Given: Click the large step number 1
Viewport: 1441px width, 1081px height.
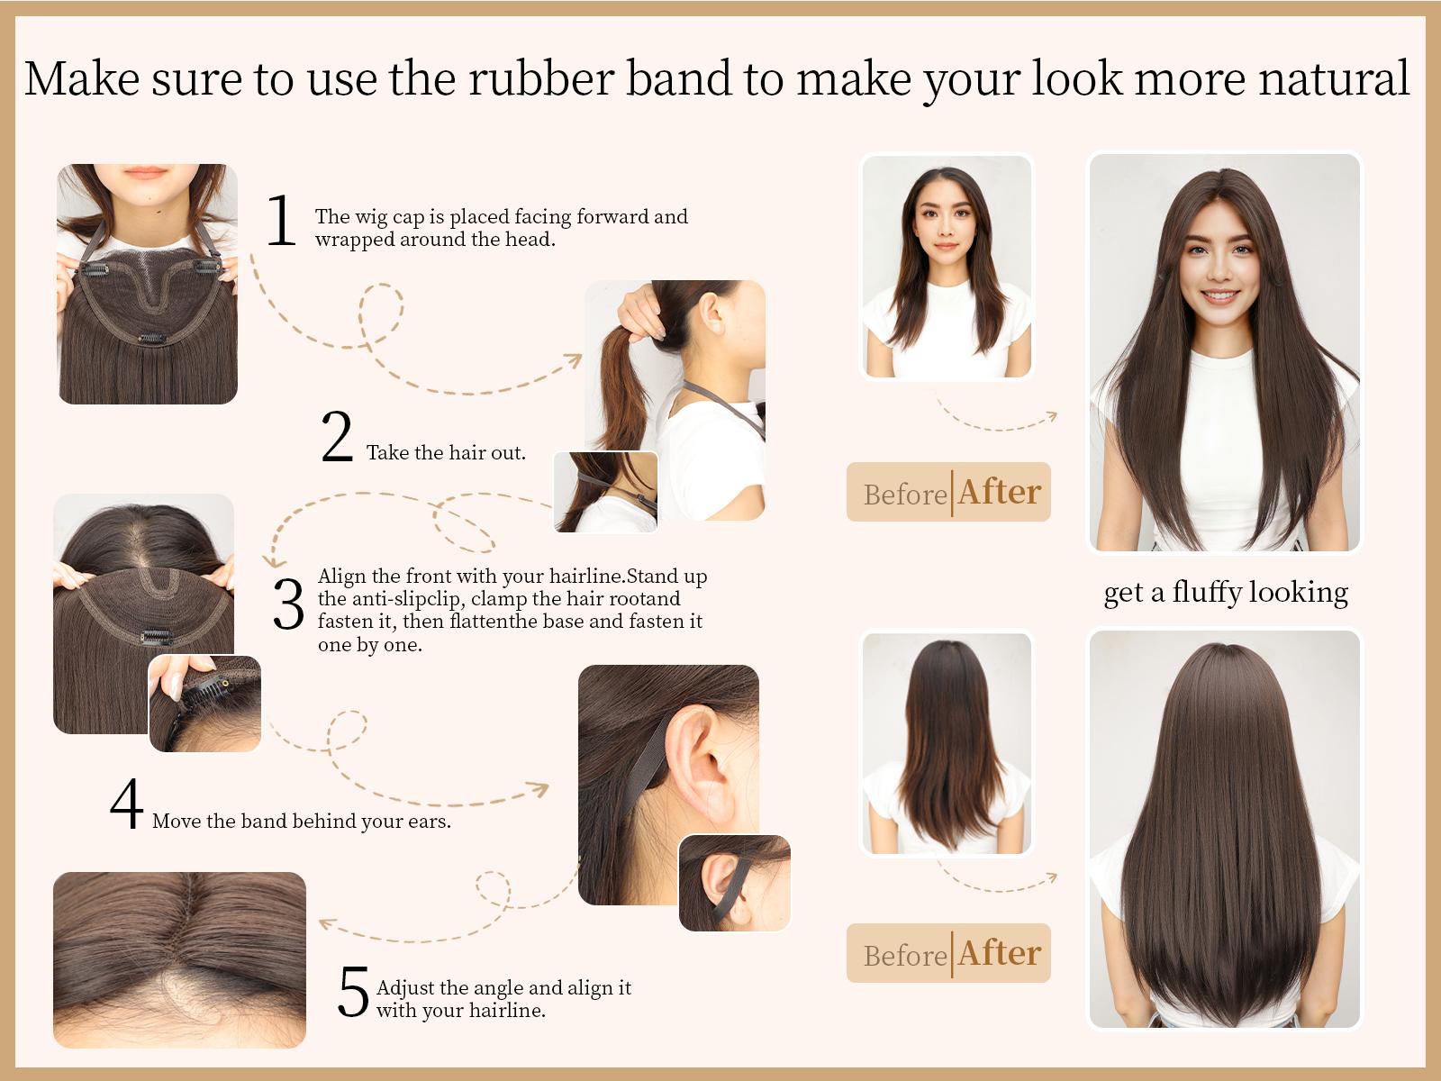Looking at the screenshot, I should (x=281, y=221).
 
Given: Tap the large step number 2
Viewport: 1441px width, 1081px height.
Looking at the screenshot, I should (x=337, y=438).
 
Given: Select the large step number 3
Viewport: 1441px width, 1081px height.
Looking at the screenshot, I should (x=288, y=604).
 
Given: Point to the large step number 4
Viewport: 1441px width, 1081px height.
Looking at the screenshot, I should (x=127, y=804).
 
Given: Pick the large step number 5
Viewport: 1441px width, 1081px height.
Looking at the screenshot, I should (x=353, y=992).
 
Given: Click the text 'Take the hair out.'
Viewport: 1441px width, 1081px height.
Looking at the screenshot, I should (x=446, y=453).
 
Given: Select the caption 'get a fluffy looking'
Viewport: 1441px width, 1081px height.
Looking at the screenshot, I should (x=1226, y=592).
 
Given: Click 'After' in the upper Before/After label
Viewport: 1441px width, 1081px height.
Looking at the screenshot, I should (x=999, y=493).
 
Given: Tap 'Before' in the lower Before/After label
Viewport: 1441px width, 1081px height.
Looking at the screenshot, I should (x=905, y=956).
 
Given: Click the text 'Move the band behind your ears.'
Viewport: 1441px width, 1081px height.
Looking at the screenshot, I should (x=302, y=822).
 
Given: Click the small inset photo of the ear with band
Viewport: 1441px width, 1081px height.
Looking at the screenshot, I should (x=734, y=883).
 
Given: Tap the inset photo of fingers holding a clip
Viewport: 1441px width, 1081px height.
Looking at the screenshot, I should (x=205, y=704).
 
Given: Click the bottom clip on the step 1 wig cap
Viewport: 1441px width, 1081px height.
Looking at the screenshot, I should (x=151, y=339).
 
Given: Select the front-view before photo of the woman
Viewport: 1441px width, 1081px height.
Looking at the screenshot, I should (x=947, y=267).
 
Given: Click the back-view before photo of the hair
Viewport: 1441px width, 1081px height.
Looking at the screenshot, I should (x=947, y=743).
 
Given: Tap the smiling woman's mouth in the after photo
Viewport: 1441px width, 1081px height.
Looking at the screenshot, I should (x=1220, y=296).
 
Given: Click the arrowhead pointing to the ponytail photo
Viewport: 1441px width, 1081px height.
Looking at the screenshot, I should (x=574, y=359).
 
